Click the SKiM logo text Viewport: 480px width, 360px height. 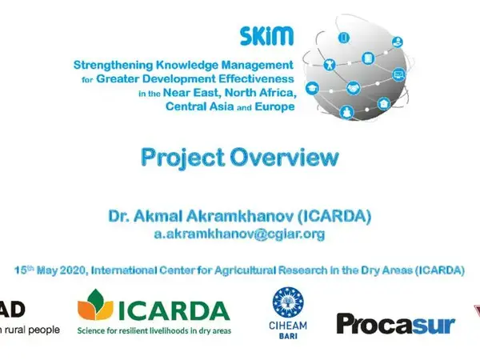(266, 36)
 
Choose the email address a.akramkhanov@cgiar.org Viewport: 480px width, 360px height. (239, 234)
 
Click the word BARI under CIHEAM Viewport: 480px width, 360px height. (289, 337)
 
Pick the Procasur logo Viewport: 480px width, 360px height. (395, 323)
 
